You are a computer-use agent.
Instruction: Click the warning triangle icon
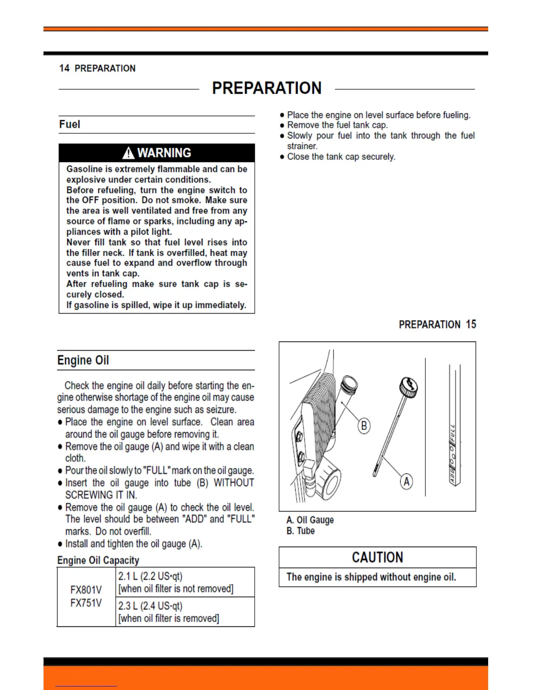pyautogui.click(x=128, y=153)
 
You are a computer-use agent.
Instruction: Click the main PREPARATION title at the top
pyautogui.click(x=266, y=88)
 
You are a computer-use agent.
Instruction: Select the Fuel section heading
pyautogui.click(x=70, y=125)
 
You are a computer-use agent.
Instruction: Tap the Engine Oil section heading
pyautogui.click(x=83, y=360)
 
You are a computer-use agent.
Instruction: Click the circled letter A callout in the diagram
pyautogui.click(x=406, y=482)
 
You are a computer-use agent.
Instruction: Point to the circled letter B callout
pyautogui.click(x=364, y=425)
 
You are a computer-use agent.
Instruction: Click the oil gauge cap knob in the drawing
pyautogui.click(x=409, y=387)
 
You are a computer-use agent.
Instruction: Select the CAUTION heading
pyautogui.click(x=378, y=558)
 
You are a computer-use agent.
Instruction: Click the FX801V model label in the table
pyautogui.click(x=86, y=590)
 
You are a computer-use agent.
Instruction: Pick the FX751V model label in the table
pyautogui.click(x=86, y=603)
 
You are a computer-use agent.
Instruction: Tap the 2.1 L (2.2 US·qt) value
pyautogui.click(x=150, y=576)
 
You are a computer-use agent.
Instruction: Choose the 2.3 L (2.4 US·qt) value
pyautogui.click(x=150, y=606)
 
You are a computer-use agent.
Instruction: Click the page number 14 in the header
pyautogui.click(x=64, y=68)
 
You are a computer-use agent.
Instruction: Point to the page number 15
pyautogui.click(x=471, y=325)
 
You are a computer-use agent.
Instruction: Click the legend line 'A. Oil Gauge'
pyautogui.click(x=310, y=520)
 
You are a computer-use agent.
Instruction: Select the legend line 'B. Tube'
pyautogui.click(x=300, y=531)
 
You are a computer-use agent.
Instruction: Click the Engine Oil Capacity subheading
pyautogui.click(x=98, y=560)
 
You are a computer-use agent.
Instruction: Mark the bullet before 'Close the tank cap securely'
pyautogui.click(x=282, y=157)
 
